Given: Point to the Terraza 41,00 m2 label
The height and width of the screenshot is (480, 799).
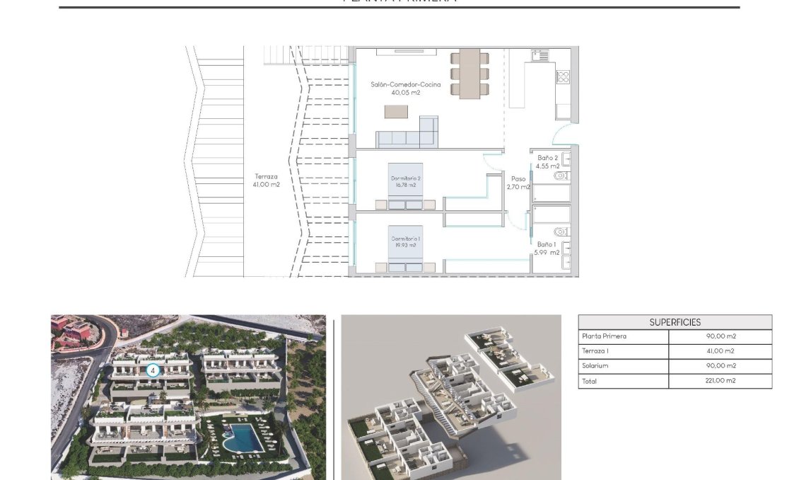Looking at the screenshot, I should pos(266,181).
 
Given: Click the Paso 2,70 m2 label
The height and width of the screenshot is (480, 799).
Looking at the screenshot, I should pos(518,183).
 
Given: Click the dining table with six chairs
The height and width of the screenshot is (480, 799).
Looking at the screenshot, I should pos(470,74).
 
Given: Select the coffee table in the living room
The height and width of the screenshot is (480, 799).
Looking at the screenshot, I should pos(396,111).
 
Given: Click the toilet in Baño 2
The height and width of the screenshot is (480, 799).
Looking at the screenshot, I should pos(561,175).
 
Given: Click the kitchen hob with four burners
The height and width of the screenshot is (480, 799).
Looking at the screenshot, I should pos(563,77).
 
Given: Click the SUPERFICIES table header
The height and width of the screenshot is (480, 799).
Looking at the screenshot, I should pos(675,322).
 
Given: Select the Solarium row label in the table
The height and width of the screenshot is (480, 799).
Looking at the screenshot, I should pos(595,366).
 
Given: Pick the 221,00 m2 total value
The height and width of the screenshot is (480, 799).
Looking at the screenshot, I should pos(721,381).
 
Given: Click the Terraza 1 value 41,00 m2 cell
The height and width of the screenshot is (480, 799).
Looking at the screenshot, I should pos(721,351).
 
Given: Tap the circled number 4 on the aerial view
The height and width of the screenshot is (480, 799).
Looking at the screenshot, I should pos(152,370).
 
